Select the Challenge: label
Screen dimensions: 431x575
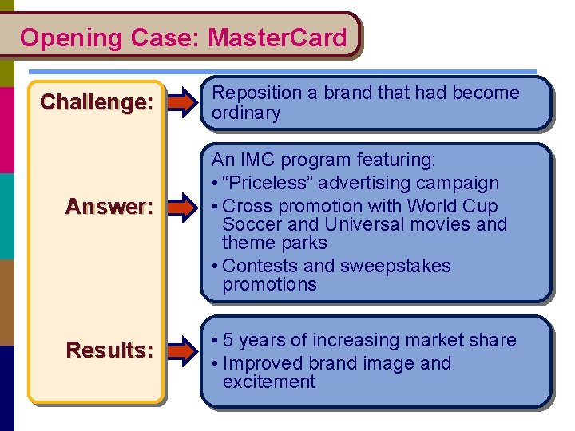(x=96, y=102)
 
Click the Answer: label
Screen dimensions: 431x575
(x=109, y=207)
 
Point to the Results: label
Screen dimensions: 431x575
(x=109, y=350)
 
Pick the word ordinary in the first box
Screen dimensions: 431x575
(x=246, y=113)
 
